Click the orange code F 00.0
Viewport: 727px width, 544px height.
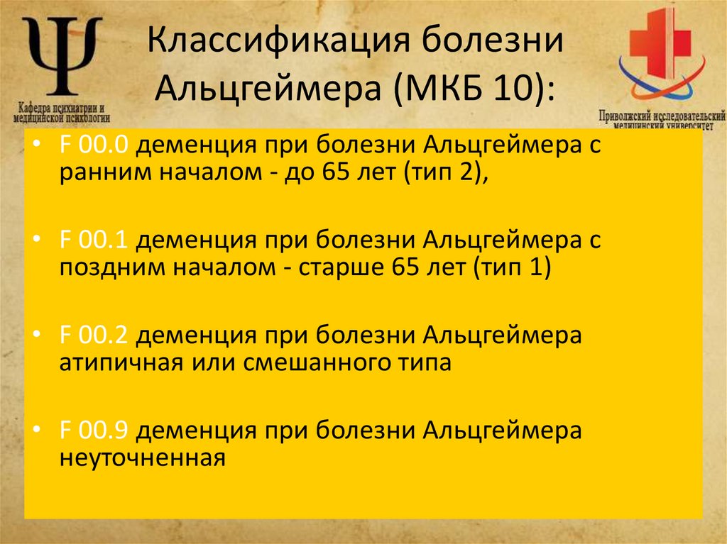point(93,145)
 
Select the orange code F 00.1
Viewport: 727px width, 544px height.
point(93,240)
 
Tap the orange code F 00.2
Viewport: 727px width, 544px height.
point(93,335)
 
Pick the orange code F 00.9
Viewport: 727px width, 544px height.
point(93,431)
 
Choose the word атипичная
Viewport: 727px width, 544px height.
point(119,364)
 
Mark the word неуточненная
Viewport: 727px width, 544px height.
point(142,459)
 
